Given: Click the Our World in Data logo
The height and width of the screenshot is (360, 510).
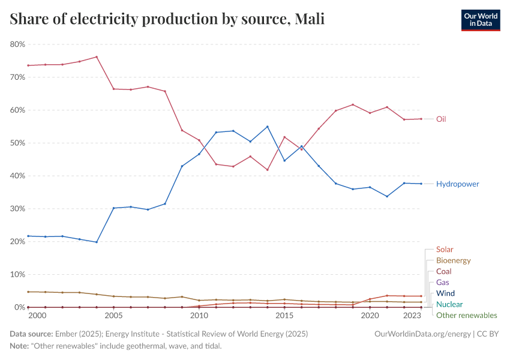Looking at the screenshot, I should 480,19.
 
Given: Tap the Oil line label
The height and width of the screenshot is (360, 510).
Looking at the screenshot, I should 441,119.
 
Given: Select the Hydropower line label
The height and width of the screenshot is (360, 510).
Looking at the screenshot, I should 458,184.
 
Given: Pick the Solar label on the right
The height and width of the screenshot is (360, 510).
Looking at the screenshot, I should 445,250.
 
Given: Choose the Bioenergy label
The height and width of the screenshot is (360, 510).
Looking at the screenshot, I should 453,260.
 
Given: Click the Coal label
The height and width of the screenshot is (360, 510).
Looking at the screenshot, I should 443,271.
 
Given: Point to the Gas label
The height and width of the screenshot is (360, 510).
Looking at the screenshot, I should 442,282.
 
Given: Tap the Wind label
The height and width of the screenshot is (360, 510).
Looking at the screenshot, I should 445,293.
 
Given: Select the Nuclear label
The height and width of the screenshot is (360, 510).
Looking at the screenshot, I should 449,304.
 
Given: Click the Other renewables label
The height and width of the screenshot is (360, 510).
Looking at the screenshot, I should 466,315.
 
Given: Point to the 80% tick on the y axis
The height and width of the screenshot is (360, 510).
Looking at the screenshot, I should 17,44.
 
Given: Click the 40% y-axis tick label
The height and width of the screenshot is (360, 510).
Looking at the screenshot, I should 17,176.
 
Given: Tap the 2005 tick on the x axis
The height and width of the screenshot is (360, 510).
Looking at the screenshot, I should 113,315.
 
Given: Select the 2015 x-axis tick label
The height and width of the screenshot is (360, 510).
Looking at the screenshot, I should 284,315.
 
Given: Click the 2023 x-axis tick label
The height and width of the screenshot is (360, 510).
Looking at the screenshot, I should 412,315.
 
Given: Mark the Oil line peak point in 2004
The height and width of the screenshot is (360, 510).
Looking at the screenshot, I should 97,57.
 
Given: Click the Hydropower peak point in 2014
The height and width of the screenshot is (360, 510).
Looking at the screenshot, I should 267,127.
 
